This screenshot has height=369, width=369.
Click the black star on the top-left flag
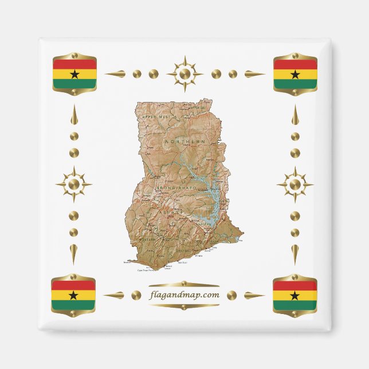click(x=74, y=74)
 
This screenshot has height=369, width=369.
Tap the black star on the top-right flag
click(x=295, y=74)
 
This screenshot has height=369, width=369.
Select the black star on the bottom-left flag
click(x=73, y=296)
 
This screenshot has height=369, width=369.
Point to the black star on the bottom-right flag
click(x=295, y=296)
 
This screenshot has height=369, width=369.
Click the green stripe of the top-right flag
click(x=295, y=84)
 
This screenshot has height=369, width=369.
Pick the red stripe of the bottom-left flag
click(x=73, y=285)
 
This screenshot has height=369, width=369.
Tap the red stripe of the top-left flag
click(x=74, y=64)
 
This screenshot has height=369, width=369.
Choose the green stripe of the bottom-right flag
click(x=295, y=305)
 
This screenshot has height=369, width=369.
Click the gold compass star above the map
click(x=185, y=74)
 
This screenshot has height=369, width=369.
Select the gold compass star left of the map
click(x=73, y=185)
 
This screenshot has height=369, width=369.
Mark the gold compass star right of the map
click(x=295, y=185)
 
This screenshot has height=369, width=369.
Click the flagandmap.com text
click(x=184, y=295)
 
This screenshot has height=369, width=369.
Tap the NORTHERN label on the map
click(x=185, y=141)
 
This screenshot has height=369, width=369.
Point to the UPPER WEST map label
click(x=156, y=116)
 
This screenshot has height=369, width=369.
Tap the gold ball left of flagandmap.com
click(x=136, y=295)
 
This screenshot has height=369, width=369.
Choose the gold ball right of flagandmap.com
click(x=231, y=295)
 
